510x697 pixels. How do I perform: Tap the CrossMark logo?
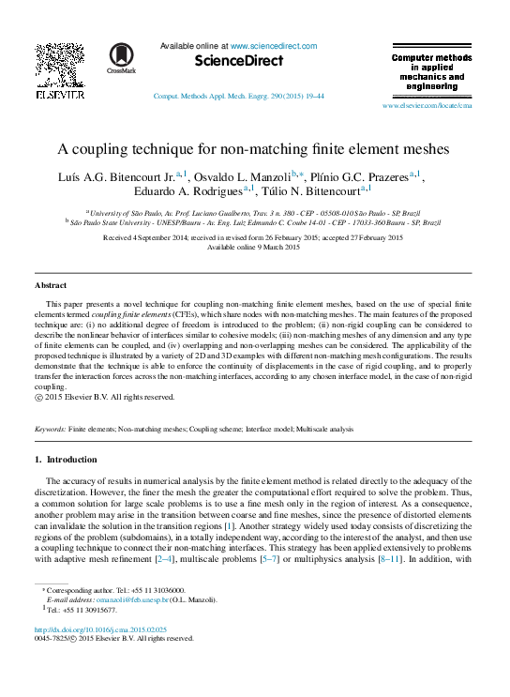point(121,58)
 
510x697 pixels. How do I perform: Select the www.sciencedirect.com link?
point(273,46)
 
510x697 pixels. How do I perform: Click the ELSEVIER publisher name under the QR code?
point(60,96)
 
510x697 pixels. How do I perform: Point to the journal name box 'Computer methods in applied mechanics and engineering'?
point(431,72)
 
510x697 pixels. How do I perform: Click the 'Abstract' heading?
point(51,284)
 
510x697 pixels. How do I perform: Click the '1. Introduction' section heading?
point(66,460)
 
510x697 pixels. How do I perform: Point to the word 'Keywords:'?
point(50,429)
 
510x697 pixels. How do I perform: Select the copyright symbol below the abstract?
point(38,397)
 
